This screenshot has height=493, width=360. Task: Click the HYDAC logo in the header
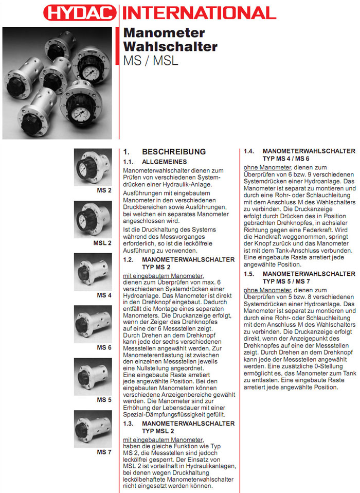(80, 12)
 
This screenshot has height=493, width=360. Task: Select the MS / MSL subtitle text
(151, 60)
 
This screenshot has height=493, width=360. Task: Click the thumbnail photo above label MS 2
(93, 167)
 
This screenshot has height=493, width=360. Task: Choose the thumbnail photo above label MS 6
(93, 325)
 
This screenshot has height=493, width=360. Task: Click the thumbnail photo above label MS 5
(93, 377)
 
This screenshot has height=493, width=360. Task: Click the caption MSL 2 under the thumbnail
(102, 243)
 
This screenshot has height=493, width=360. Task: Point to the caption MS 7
(104, 452)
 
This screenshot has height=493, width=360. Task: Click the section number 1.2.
(129, 260)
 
